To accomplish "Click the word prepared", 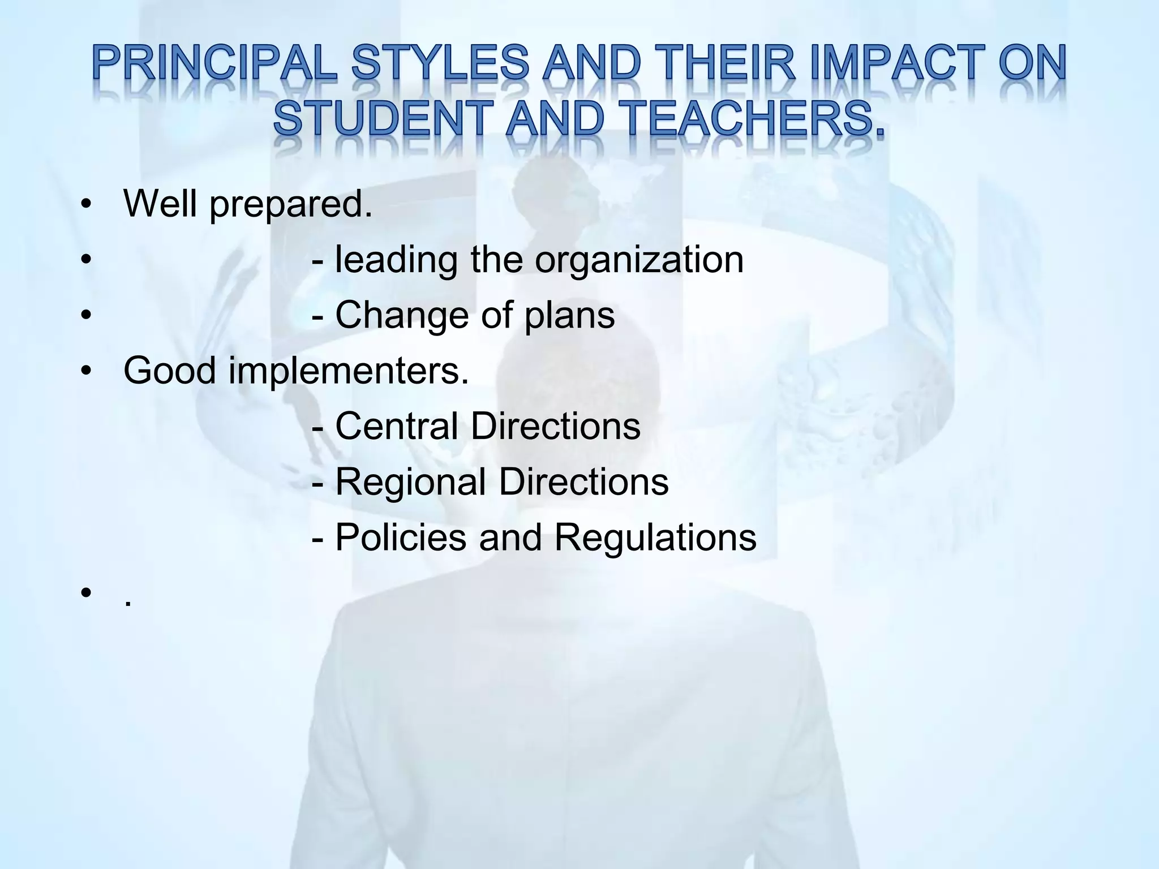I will pyautogui.click(x=291, y=204).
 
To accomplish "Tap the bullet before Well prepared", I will pyautogui.click(x=85, y=204).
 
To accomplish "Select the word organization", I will pyautogui.click(x=639, y=260).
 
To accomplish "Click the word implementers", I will pyautogui.click(x=349, y=371).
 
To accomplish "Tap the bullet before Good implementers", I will pyautogui.click(x=85, y=372).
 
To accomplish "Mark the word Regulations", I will pyautogui.click(x=655, y=538).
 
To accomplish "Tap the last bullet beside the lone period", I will pyautogui.click(x=85, y=593).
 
